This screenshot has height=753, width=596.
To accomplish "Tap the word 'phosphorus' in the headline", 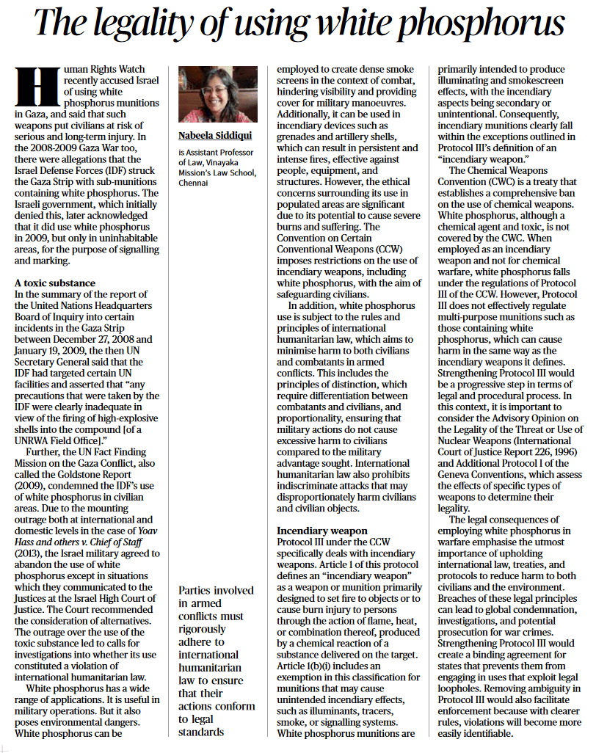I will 481,24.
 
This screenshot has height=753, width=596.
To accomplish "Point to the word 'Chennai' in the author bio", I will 195,183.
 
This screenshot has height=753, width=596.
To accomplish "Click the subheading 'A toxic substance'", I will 54,283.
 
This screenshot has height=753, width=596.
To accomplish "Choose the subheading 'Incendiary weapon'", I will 321,530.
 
